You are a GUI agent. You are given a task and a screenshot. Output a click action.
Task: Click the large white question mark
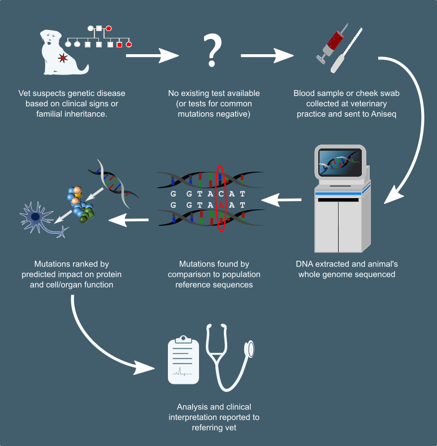tap(212, 50)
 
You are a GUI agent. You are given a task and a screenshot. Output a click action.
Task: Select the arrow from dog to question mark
tap(152, 55)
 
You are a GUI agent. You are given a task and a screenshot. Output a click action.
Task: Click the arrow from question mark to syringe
tap(267, 55)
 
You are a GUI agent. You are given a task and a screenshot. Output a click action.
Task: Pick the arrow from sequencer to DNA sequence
tap(281, 199)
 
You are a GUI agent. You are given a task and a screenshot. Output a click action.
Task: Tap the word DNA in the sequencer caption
tap(305, 264)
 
